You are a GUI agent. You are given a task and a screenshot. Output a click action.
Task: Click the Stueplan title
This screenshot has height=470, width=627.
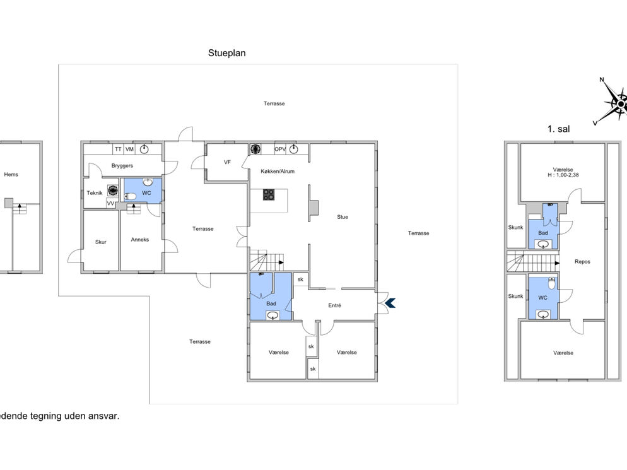pos(226,53)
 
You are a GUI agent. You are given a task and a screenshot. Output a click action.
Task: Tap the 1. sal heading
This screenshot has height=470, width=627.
pos(559,129)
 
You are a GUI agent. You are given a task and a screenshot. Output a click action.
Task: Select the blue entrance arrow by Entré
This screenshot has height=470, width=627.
pos(390,303)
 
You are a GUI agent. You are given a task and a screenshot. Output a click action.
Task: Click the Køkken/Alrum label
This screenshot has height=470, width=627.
pos(278,171)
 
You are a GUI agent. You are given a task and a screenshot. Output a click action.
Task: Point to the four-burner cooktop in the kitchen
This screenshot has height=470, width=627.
pos(269,195)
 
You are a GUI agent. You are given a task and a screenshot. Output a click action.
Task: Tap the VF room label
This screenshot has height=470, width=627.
pos(227,162)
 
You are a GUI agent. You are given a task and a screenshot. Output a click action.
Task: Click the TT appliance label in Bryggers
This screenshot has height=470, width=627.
pos(118,149)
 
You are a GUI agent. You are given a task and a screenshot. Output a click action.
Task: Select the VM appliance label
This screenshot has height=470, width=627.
pos(129,149)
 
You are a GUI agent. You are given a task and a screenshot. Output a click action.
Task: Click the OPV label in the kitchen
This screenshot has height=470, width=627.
pos(280,149)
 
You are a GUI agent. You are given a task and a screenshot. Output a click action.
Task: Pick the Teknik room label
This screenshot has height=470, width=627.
pos(95,193)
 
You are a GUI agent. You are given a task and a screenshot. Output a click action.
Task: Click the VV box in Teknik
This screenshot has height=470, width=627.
pos(111,204)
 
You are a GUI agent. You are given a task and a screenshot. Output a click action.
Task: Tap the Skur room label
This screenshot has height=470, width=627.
pos(101,242)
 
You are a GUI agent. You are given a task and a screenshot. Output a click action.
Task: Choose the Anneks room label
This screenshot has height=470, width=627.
pos(140,240)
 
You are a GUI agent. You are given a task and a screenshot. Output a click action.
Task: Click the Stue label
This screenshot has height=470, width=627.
pos(343,217)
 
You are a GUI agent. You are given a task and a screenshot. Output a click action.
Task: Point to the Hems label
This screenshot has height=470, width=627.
pos(11,174)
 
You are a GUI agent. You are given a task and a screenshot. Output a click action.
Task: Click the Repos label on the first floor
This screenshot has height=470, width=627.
pos(582,262)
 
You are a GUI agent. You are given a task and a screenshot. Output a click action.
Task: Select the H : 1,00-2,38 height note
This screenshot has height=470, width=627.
pos(563,175)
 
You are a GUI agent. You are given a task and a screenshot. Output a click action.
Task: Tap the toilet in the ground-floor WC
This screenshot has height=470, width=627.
pos(131,196)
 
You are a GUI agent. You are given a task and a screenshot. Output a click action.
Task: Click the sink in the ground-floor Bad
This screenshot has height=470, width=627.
pos(272,316)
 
